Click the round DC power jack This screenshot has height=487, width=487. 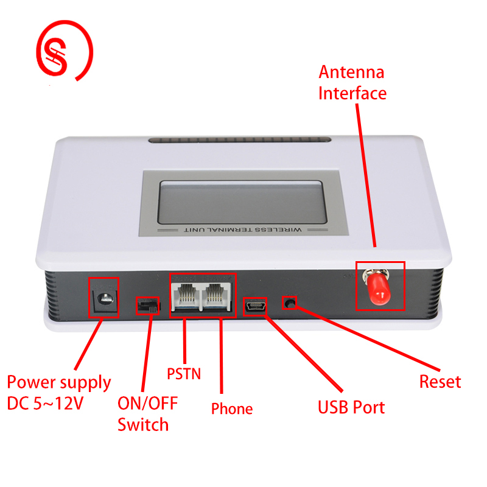pyautogui.click(x=105, y=299)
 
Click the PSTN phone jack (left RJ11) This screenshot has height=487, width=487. pyautogui.click(x=186, y=296)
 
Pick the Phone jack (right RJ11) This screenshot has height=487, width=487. pyautogui.click(x=216, y=296)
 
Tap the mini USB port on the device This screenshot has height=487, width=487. pyautogui.click(x=255, y=307)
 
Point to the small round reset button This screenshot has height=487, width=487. pyautogui.click(x=290, y=303)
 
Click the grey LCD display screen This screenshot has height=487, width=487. pyautogui.click(x=242, y=202)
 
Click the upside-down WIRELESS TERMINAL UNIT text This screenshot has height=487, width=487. pyautogui.click(x=243, y=230)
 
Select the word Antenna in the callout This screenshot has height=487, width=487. pyautogui.click(x=352, y=72)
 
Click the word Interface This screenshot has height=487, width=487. pyautogui.click(x=352, y=93)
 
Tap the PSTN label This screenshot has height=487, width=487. pyautogui.click(x=184, y=374)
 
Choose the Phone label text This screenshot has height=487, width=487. pyautogui.click(x=232, y=408)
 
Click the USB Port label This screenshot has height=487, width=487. pyautogui.click(x=351, y=407)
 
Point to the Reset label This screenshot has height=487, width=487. pyautogui.click(x=440, y=382)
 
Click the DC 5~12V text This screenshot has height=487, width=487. pyautogui.click(x=45, y=404)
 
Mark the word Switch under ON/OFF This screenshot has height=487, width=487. pyautogui.click(x=143, y=424)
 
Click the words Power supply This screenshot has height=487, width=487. pyautogui.click(x=59, y=383)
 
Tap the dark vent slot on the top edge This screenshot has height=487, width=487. pyautogui.click(x=240, y=139)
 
